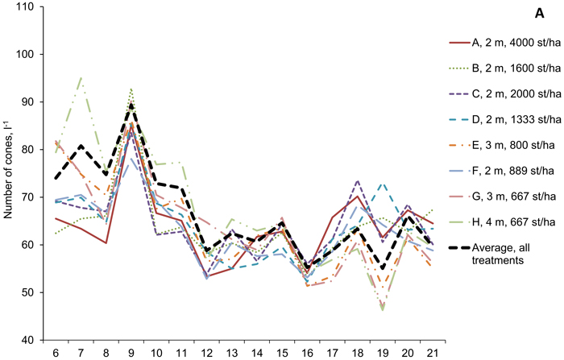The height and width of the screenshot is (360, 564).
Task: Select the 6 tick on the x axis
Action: click(56, 352)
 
